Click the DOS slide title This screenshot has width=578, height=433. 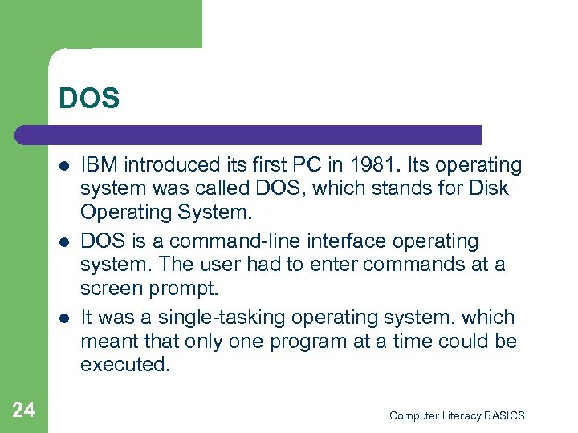(x=89, y=99)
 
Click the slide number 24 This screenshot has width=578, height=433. (x=24, y=411)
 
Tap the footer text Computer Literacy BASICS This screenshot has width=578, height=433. (x=456, y=415)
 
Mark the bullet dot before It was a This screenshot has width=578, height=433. (x=63, y=318)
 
